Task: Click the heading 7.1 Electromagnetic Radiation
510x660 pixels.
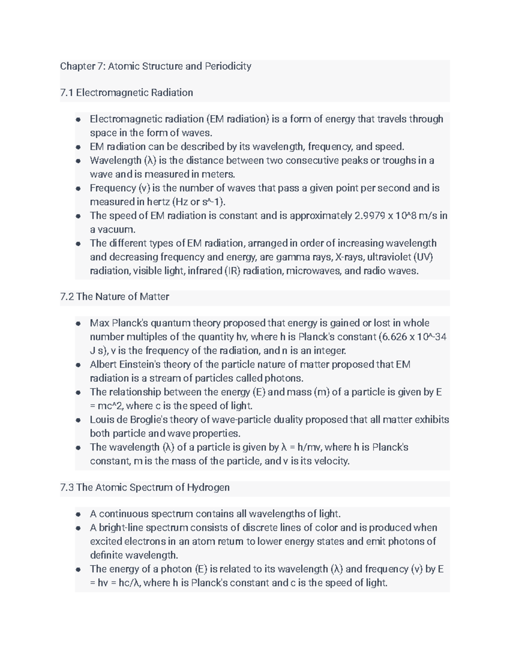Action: [127, 93]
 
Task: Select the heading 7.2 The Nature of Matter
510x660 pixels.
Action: [115, 297]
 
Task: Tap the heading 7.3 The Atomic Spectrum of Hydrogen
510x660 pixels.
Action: [145, 487]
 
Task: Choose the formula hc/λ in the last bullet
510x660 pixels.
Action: [129, 583]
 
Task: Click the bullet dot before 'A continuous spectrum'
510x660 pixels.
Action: [78, 514]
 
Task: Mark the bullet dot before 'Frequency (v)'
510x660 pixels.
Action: [78, 188]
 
